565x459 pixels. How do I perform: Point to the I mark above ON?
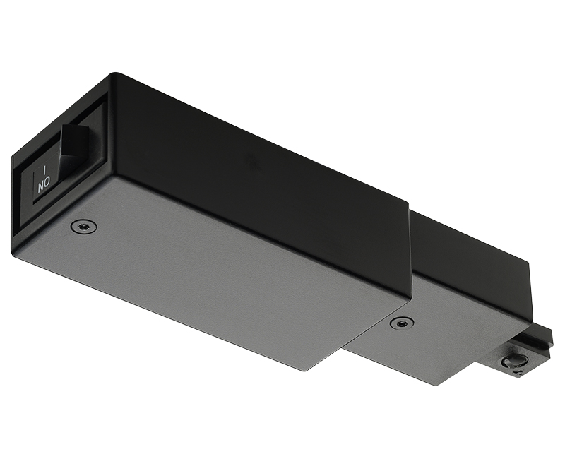click(44, 171)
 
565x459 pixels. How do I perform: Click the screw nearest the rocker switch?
click(83, 226)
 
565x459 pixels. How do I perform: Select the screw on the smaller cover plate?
click(401, 323)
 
